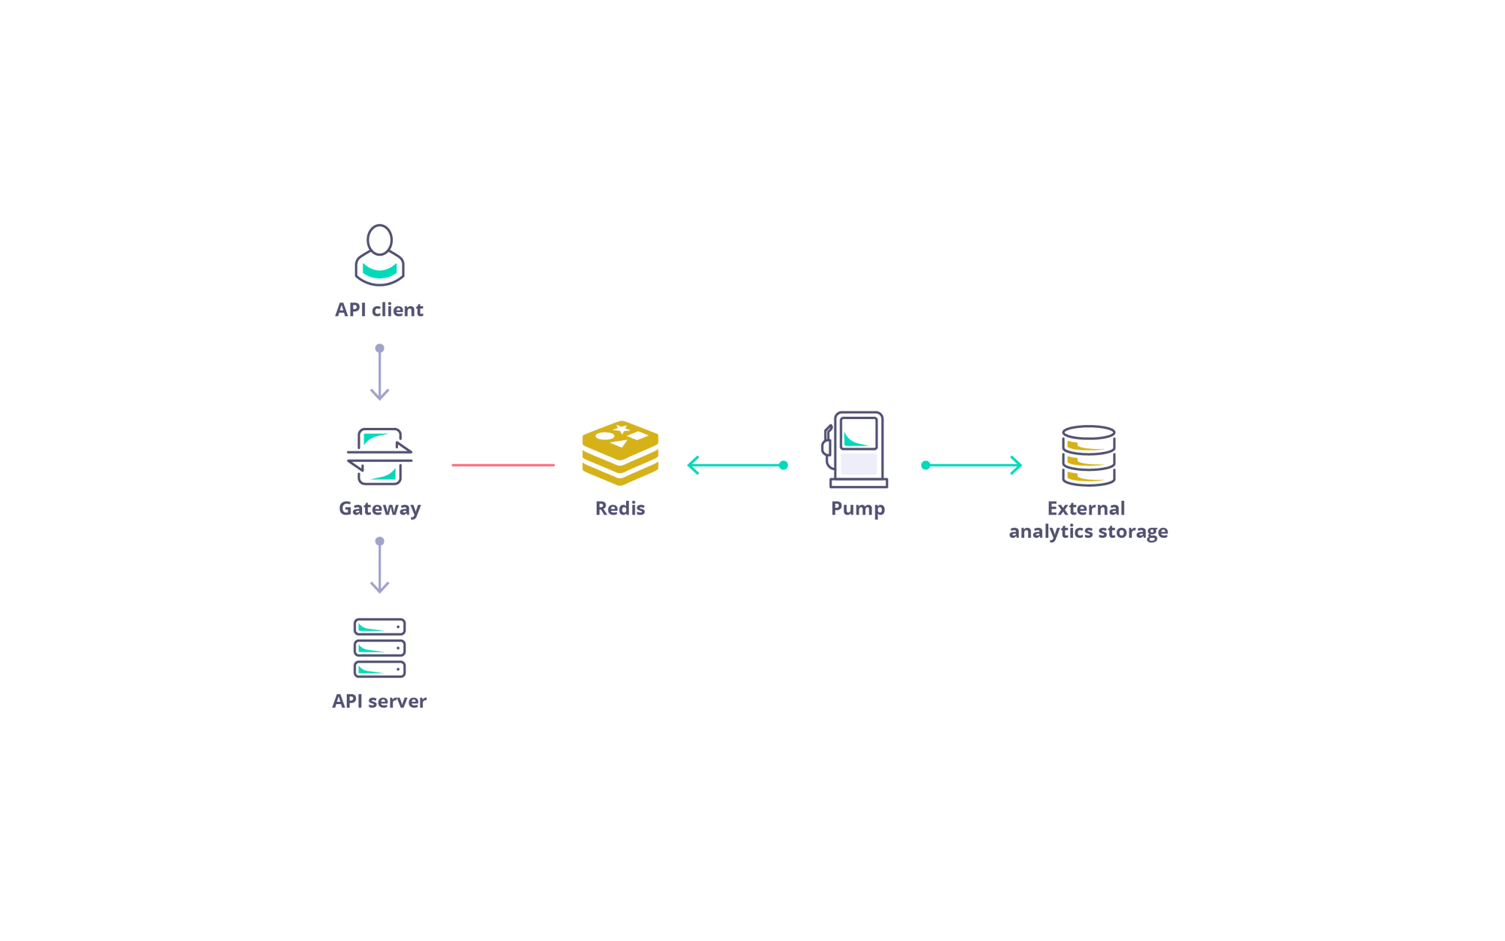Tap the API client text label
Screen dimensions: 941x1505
coord(379,309)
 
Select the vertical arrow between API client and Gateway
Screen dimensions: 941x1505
coord(381,369)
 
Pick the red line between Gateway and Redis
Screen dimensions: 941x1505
coord(503,466)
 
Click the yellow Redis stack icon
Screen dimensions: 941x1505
coord(620,451)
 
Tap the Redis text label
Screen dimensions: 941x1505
coord(619,508)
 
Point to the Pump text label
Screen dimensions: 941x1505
coord(856,509)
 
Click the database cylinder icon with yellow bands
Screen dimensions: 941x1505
coord(1089,456)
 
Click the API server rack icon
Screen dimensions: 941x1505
coord(379,647)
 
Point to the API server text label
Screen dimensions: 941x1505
coord(379,701)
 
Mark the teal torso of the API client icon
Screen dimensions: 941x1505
coord(379,269)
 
